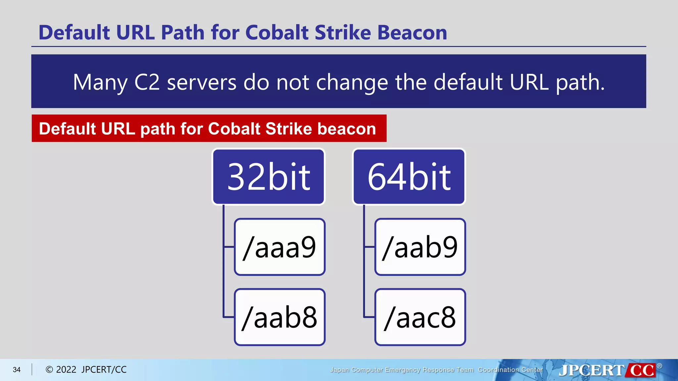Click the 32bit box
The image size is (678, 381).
tap(268, 177)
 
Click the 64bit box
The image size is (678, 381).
tap(409, 177)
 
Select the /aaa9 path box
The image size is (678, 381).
tap(280, 247)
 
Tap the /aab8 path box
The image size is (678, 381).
tap(280, 317)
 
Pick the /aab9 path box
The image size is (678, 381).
tap(420, 247)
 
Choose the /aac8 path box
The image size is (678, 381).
tap(420, 317)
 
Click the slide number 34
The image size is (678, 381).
tap(17, 370)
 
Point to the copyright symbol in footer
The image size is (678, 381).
tap(49, 370)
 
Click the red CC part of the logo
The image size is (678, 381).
tap(642, 370)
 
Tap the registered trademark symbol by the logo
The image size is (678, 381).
tap(659, 366)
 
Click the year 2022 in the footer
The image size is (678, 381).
tap(66, 370)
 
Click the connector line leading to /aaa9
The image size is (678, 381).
tap(229, 247)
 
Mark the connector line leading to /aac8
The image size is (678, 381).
tap(369, 317)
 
